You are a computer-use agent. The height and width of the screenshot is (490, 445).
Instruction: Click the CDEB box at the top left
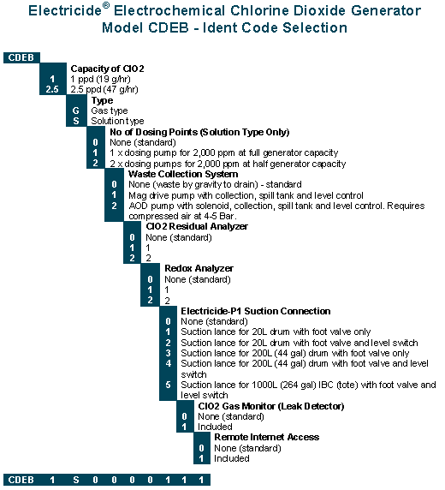21,57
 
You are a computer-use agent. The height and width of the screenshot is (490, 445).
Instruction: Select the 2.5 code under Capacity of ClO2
52,89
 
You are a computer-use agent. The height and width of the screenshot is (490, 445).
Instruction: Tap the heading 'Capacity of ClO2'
108,69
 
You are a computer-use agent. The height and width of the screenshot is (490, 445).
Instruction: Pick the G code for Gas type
76,111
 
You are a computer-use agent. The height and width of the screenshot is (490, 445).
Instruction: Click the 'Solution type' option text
117,121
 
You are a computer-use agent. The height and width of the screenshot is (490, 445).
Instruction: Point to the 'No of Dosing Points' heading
199,132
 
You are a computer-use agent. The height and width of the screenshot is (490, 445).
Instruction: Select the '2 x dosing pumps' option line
228,164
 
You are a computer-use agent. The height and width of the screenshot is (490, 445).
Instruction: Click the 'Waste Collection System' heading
183,174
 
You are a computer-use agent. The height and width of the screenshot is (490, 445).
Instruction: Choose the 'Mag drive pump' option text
246,195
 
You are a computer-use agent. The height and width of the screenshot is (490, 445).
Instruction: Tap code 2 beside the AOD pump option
115,206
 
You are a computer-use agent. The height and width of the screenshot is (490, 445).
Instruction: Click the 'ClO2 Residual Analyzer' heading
197,226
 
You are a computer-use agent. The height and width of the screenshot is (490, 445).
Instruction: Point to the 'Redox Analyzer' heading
199,268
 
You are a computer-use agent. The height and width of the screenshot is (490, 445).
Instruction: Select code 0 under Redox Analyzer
151,279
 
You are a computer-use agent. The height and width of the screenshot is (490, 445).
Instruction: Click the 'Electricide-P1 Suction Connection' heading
256,311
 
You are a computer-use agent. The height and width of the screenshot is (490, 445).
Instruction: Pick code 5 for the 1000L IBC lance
169,385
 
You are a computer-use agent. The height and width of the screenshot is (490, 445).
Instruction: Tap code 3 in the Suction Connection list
169,353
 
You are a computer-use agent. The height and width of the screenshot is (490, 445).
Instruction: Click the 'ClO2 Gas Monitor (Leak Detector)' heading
271,406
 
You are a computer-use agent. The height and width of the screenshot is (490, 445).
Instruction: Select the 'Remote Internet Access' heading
267,437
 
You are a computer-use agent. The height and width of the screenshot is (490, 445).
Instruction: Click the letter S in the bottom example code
76,480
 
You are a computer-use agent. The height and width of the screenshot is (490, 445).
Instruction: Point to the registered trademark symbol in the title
106,5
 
